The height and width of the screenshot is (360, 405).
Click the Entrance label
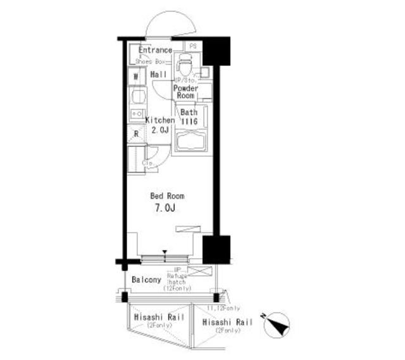[x=155, y=50]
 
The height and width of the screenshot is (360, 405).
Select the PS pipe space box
[x=192, y=46]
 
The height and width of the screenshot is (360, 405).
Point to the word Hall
[x=158, y=75]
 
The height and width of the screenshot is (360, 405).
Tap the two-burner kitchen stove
[x=136, y=113]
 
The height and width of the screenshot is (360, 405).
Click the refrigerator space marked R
[x=135, y=133]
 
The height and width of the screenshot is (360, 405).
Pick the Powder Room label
[x=186, y=92]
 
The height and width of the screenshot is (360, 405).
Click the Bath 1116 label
[x=190, y=116]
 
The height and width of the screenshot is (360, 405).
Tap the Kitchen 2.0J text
[x=159, y=125]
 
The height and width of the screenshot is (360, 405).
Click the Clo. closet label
[x=149, y=163]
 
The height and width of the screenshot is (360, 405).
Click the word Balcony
[x=146, y=279]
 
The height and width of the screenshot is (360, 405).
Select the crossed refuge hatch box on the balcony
[x=198, y=271]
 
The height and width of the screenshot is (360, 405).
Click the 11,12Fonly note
[x=223, y=308]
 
